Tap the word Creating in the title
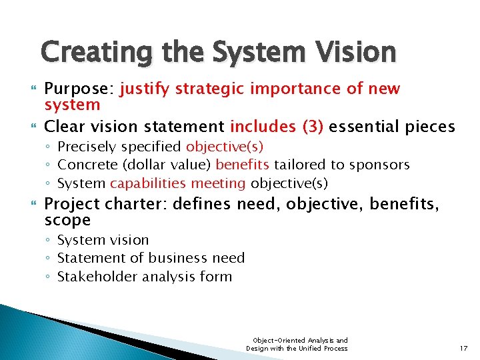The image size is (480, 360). [91, 52]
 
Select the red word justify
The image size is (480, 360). [145, 89]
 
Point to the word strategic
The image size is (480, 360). [209, 89]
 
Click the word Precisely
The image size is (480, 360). [86, 147]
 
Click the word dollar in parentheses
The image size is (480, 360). [141, 165]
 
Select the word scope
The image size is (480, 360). [67, 221]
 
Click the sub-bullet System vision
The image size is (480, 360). [103, 240]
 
